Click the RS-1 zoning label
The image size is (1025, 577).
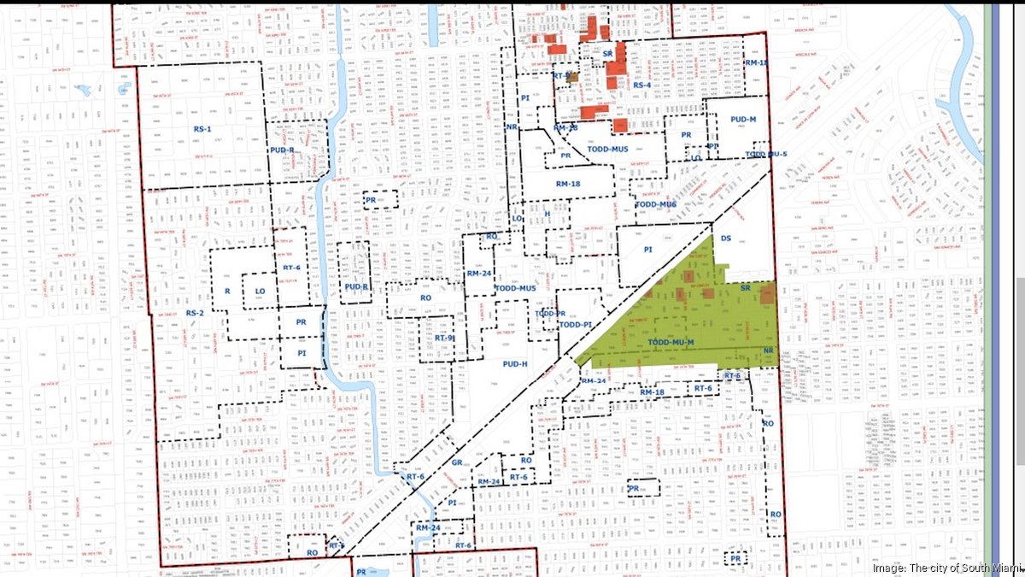[202, 128]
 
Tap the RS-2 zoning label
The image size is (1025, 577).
[196, 313]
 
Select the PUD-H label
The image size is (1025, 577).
[512, 363]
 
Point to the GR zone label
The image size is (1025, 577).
[456, 462]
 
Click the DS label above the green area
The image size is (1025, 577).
[726, 238]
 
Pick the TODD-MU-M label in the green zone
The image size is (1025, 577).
[671, 343]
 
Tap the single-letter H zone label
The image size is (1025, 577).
[548, 213]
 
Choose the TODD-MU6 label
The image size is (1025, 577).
[656, 204]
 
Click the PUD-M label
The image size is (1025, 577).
[738, 122]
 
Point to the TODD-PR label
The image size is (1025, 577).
[550, 314]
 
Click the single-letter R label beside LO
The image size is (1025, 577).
[227, 291]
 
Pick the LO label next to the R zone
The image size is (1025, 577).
[260, 291]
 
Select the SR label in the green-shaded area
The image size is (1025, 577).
[745, 289]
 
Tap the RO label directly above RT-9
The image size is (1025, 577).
[426, 297]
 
